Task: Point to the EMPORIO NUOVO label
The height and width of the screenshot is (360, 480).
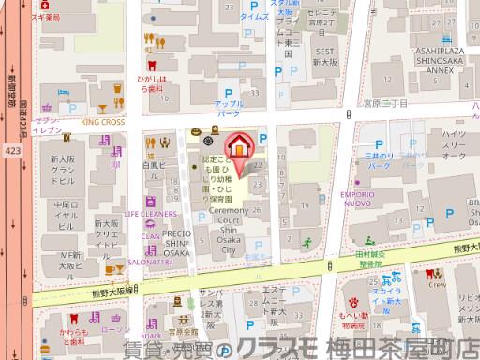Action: pos(383,201)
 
